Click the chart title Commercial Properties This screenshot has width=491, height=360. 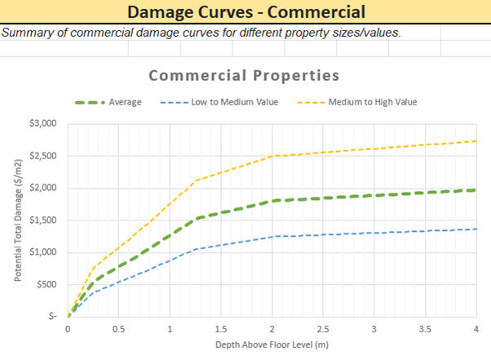244,76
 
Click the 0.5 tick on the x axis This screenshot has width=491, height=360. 118,329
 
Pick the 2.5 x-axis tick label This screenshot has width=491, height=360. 322,329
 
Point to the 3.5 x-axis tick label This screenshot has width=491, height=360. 424,329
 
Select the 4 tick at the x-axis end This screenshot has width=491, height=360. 475,329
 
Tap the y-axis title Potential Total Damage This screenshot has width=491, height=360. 15,220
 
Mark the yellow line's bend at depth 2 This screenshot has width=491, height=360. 272,156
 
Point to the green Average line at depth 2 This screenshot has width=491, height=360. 272,201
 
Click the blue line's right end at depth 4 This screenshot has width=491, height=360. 475,229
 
